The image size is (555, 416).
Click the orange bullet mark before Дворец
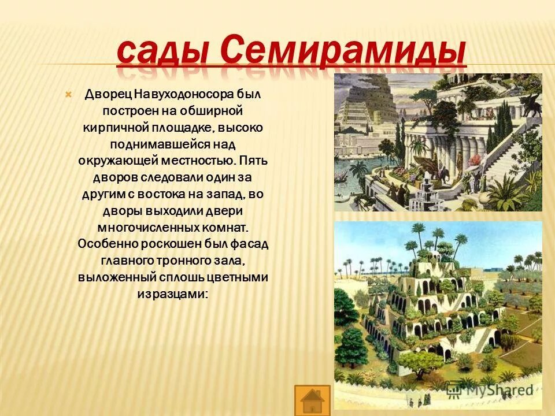click(x=68, y=94)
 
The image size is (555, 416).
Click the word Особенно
click(x=103, y=243)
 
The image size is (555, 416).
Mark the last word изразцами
click(x=173, y=294)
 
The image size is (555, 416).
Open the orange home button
click(x=312, y=400)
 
